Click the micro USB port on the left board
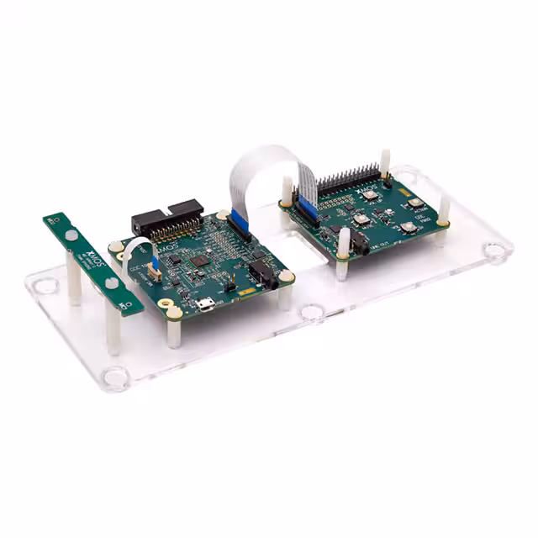205,305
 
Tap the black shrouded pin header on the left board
169,219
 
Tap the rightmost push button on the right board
414,203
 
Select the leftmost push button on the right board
361,219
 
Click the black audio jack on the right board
362,245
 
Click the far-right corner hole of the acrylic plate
497,250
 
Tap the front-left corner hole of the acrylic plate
116,377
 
